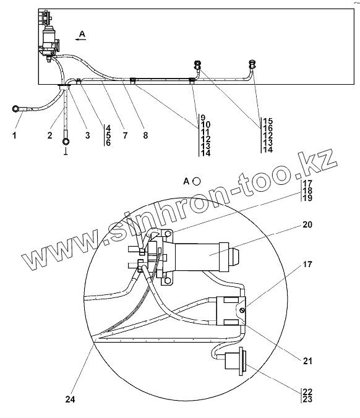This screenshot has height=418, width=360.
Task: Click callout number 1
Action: coord(14,135)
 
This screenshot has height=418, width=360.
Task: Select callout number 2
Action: coord(50,135)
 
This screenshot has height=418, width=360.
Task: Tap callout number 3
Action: coord(88,135)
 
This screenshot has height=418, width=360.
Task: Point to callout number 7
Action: coord(125,135)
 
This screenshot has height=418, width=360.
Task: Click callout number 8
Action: coord(145,135)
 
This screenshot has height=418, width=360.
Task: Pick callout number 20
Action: coord(307,224)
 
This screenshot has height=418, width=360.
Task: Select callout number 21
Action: coord(307,361)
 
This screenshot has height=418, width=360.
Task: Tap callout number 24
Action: coord(70,399)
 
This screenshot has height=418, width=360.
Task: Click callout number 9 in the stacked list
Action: coord(203,117)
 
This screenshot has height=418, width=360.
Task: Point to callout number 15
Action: coord(268,121)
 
